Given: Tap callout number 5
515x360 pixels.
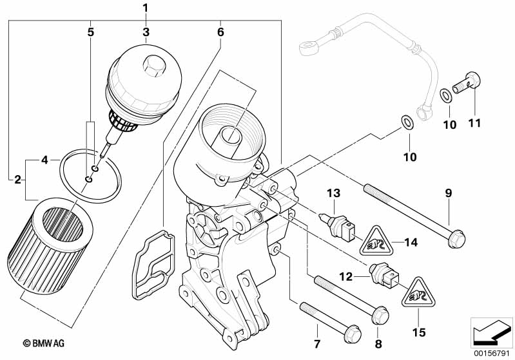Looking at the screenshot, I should pyautogui.click(x=91, y=32).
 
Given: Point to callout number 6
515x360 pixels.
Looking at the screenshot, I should pyautogui.click(x=220, y=32).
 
